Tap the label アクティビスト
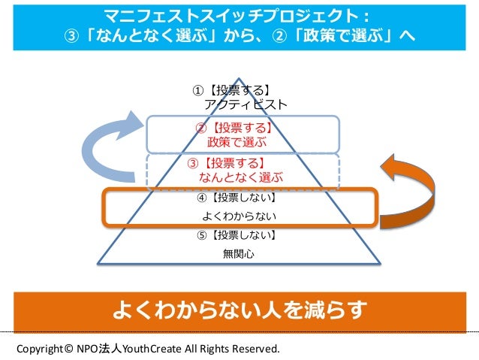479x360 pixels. pos(246,105)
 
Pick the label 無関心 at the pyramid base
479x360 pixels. pos(239,254)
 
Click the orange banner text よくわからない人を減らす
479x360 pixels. pos(239,309)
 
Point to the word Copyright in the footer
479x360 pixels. pos(38,349)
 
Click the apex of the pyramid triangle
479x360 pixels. pos(239,78)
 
